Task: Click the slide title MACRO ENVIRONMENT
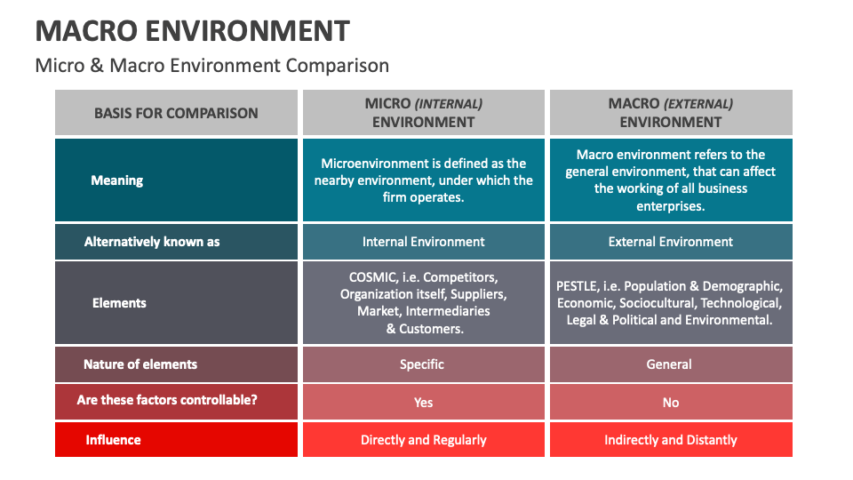pos(192,31)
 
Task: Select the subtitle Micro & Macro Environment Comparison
pos(211,66)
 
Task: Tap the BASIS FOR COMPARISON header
pos(176,113)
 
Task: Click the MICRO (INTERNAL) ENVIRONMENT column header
pos(423,113)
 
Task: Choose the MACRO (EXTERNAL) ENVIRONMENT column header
pos(670,113)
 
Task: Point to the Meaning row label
pos(116,180)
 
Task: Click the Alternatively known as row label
pos(151,242)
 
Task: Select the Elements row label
pos(119,303)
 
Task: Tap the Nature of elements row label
pos(140,364)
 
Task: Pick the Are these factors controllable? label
pos(167,400)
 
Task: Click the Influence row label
pos(113,440)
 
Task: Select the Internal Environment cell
pos(423,242)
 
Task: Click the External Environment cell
pos(670,242)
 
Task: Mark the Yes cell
pos(423,403)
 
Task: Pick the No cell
pos(670,403)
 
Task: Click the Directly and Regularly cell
pos(423,440)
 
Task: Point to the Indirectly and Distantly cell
pos(670,440)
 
